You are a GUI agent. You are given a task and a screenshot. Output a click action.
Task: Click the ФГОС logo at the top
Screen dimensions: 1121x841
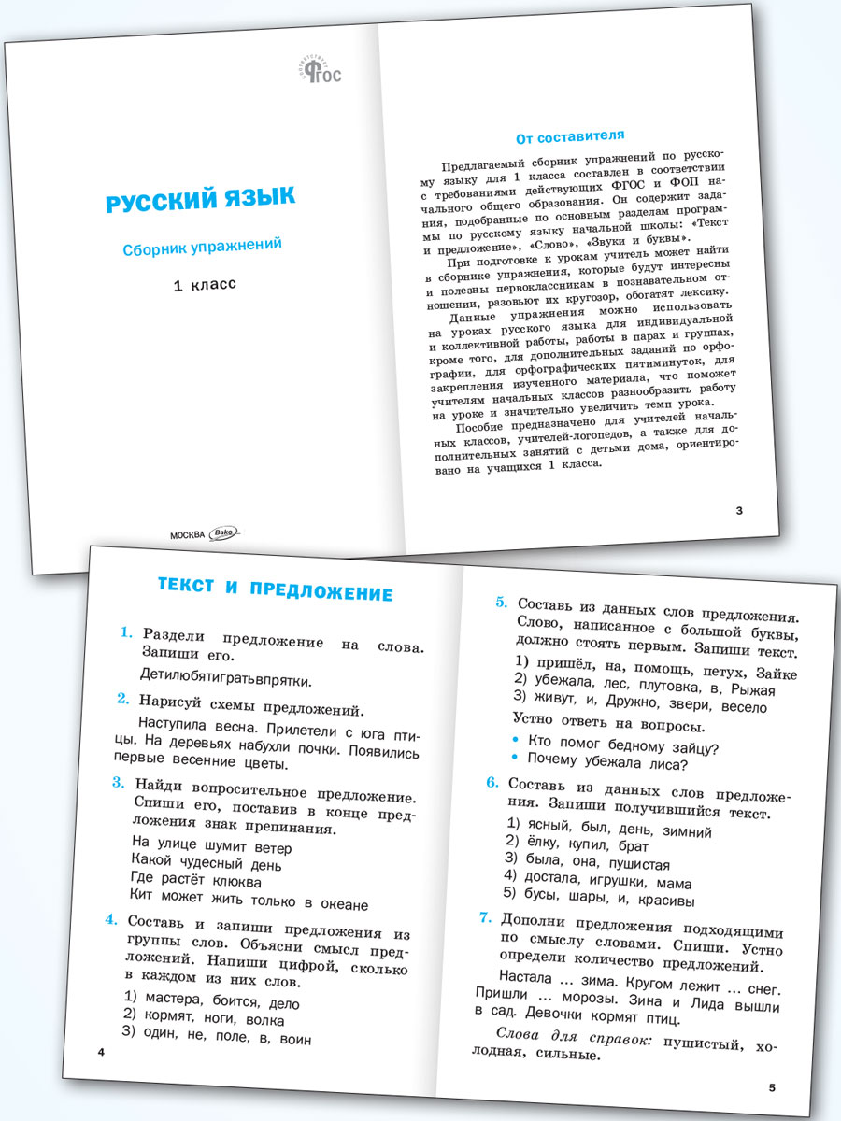point(320,70)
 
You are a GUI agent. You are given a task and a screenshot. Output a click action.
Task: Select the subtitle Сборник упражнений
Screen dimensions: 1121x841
point(204,248)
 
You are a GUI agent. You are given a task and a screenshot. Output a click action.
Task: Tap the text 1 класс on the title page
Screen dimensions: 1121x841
point(205,284)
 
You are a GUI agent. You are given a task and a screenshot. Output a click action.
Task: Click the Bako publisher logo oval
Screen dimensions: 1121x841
point(226,532)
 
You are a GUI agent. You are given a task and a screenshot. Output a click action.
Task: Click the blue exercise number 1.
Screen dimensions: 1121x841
point(126,633)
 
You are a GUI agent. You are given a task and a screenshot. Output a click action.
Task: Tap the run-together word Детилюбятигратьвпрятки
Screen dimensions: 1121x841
point(224,679)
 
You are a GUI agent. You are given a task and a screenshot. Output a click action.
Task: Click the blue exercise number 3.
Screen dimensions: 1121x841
point(118,783)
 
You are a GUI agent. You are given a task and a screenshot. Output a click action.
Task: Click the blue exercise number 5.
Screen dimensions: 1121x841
point(501,603)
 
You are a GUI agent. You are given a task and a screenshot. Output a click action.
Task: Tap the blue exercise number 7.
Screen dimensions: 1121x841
point(486,918)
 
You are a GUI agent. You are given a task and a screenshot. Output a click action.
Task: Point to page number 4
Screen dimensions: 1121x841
point(101,1053)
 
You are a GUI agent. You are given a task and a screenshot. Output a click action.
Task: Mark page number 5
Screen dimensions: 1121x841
point(772,1087)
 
